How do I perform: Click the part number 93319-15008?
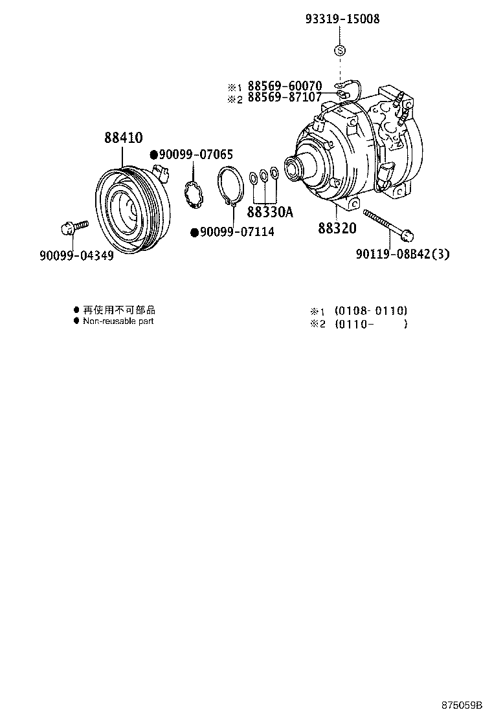pyautogui.click(x=342, y=19)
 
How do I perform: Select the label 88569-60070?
pyautogui.click(x=284, y=87)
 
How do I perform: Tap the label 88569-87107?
pyautogui.click(x=284, y=99)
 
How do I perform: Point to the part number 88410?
pyautogui.click(x=124, y=138)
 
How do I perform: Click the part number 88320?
pyautogui.click(x=337, y=228)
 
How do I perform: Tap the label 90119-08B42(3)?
pyautogui.click(x=402, y=254)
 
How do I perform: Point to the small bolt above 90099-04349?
pyautogui.click(x=73, y=228)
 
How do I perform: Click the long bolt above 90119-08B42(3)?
pyautogui.click(x=388, y=222)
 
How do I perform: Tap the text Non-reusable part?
pyautogui.click(x=118, y=321)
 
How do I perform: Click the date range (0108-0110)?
pyautogui.click(x=371, y=310)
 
